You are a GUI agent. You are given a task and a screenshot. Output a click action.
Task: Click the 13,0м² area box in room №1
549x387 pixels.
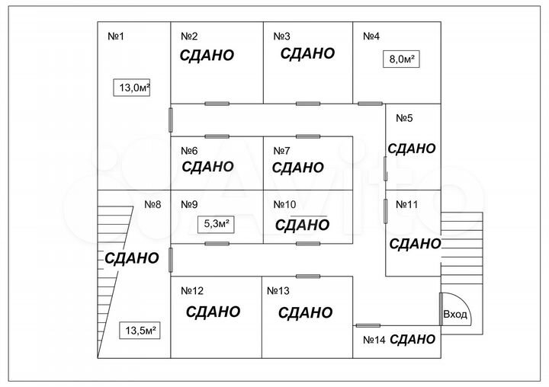[x=132, y=88]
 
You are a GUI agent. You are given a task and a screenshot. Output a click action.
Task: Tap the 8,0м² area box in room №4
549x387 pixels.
[x=402, y=59]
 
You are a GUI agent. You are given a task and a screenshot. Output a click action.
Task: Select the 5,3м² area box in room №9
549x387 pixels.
[x=215, y=224]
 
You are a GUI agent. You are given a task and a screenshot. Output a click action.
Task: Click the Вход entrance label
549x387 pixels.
[x=455, y=315]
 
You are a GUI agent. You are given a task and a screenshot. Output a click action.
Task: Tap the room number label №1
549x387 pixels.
[x=115, y=36]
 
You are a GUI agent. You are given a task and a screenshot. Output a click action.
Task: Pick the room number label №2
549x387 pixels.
[x=189, y=36]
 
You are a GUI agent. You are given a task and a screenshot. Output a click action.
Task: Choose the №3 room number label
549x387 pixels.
[x=282, y=36]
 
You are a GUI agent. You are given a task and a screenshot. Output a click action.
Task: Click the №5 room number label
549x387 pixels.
[x=404, y=118]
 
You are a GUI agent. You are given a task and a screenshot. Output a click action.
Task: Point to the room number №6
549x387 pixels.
[x=189, y=150]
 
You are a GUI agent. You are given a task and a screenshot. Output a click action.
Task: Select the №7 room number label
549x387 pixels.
[x=282, y=150]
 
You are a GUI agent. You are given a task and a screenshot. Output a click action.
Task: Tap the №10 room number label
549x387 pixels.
[x=284, y=204]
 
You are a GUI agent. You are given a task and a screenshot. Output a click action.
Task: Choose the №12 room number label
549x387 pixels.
[x=192, y=290]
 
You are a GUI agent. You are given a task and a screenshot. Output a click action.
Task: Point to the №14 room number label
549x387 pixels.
[x=374, y=340]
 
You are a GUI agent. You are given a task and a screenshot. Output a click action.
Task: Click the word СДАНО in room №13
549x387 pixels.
[x=305, y=312]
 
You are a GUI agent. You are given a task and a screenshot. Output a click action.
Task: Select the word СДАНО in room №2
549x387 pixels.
[x=207, y=55]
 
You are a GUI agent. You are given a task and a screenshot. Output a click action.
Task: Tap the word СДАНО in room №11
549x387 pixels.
[x=415, y=244]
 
